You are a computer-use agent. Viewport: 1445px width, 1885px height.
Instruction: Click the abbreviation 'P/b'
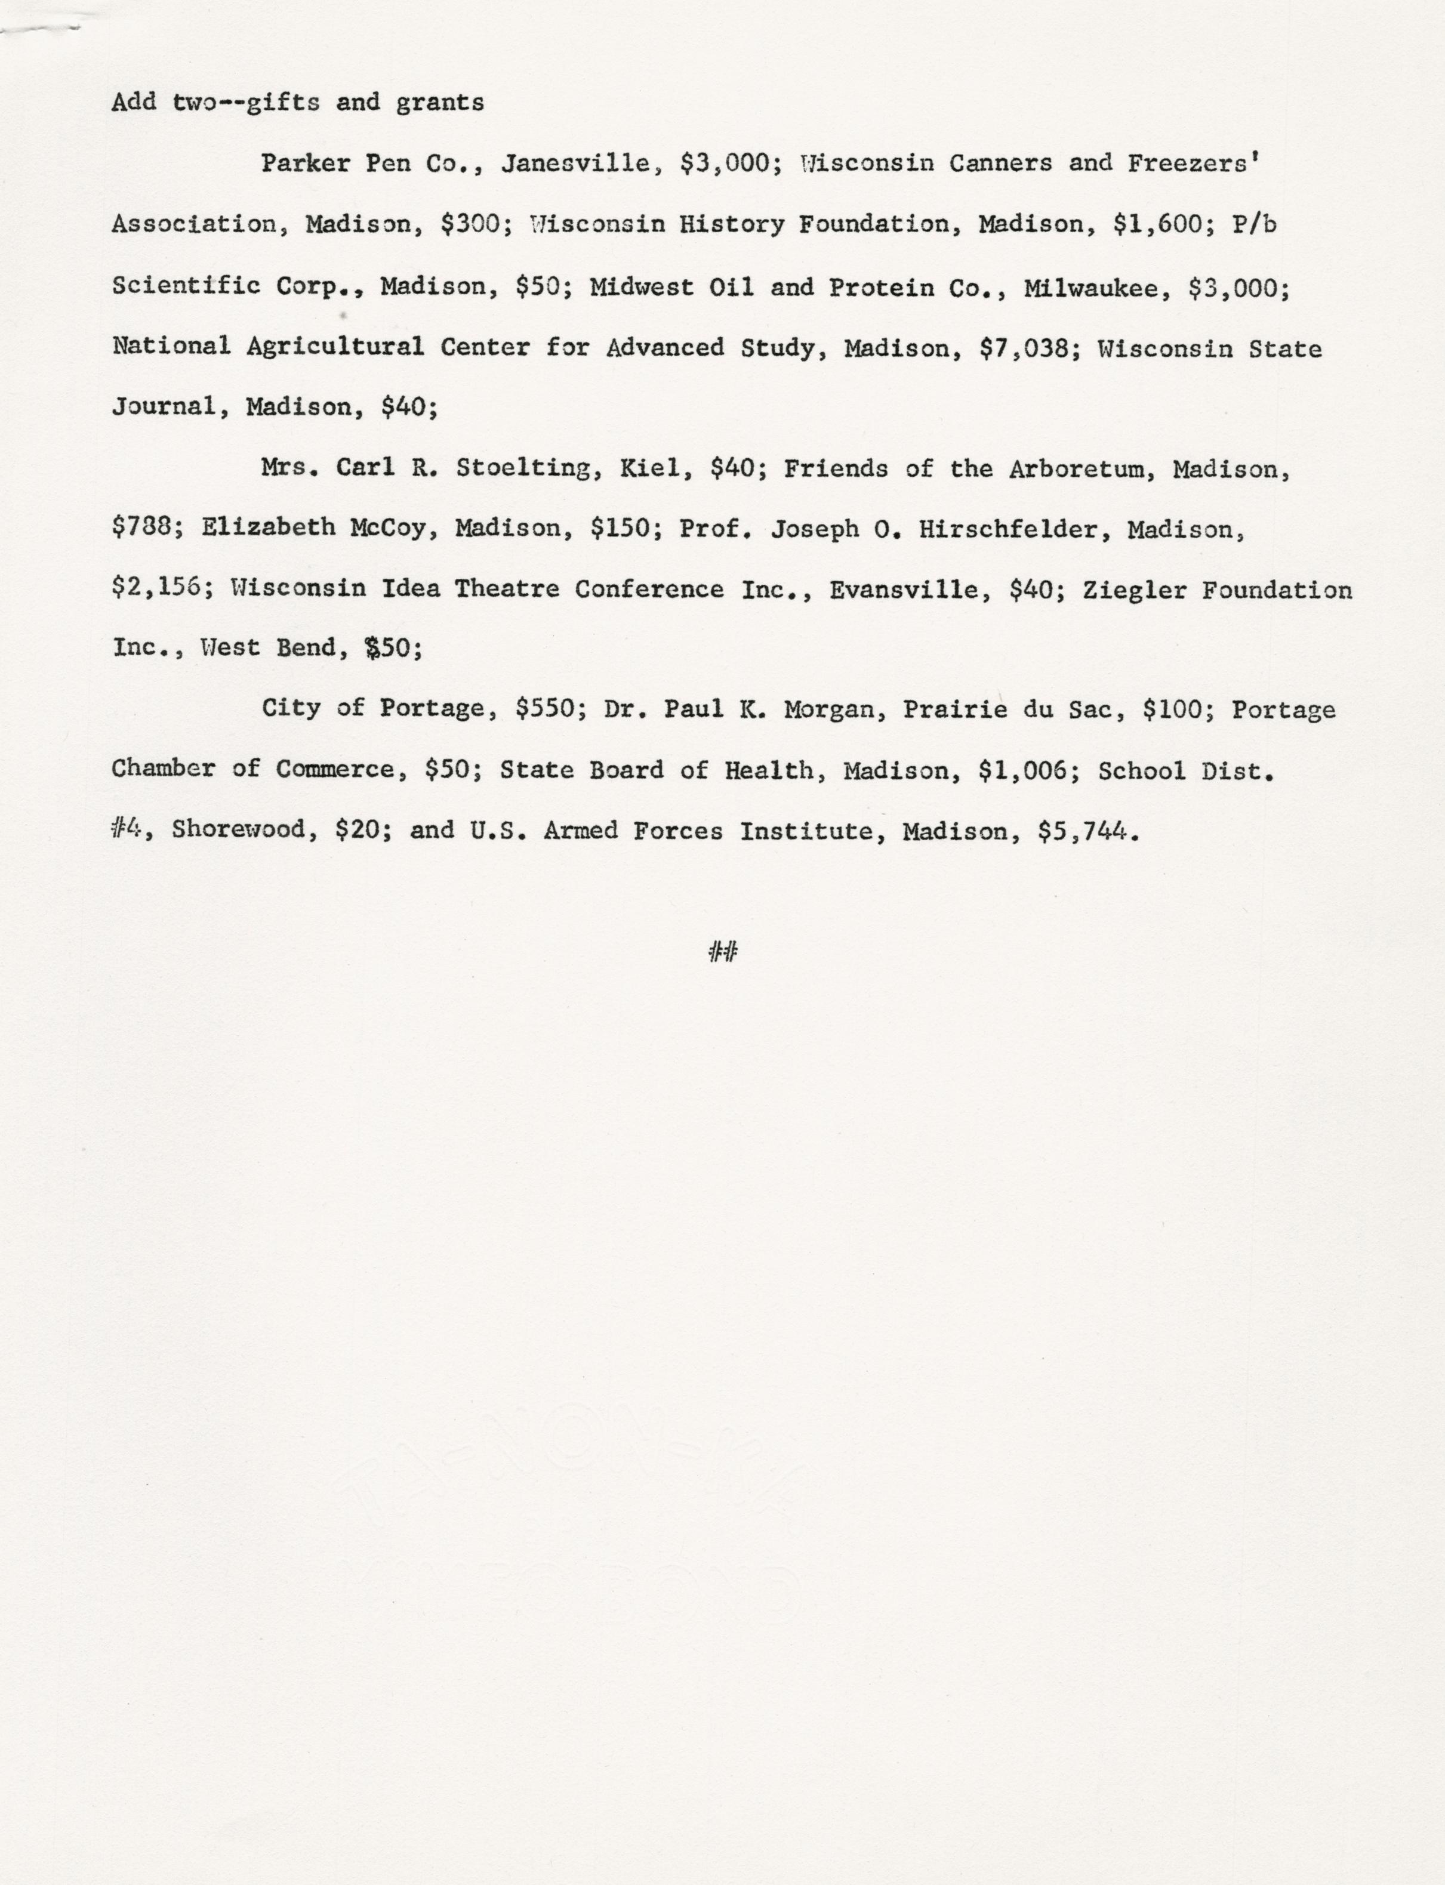pos(1254,226)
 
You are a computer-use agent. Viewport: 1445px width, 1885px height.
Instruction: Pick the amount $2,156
pos(160,588)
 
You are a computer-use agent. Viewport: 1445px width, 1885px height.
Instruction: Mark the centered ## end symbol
pos(722,951)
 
